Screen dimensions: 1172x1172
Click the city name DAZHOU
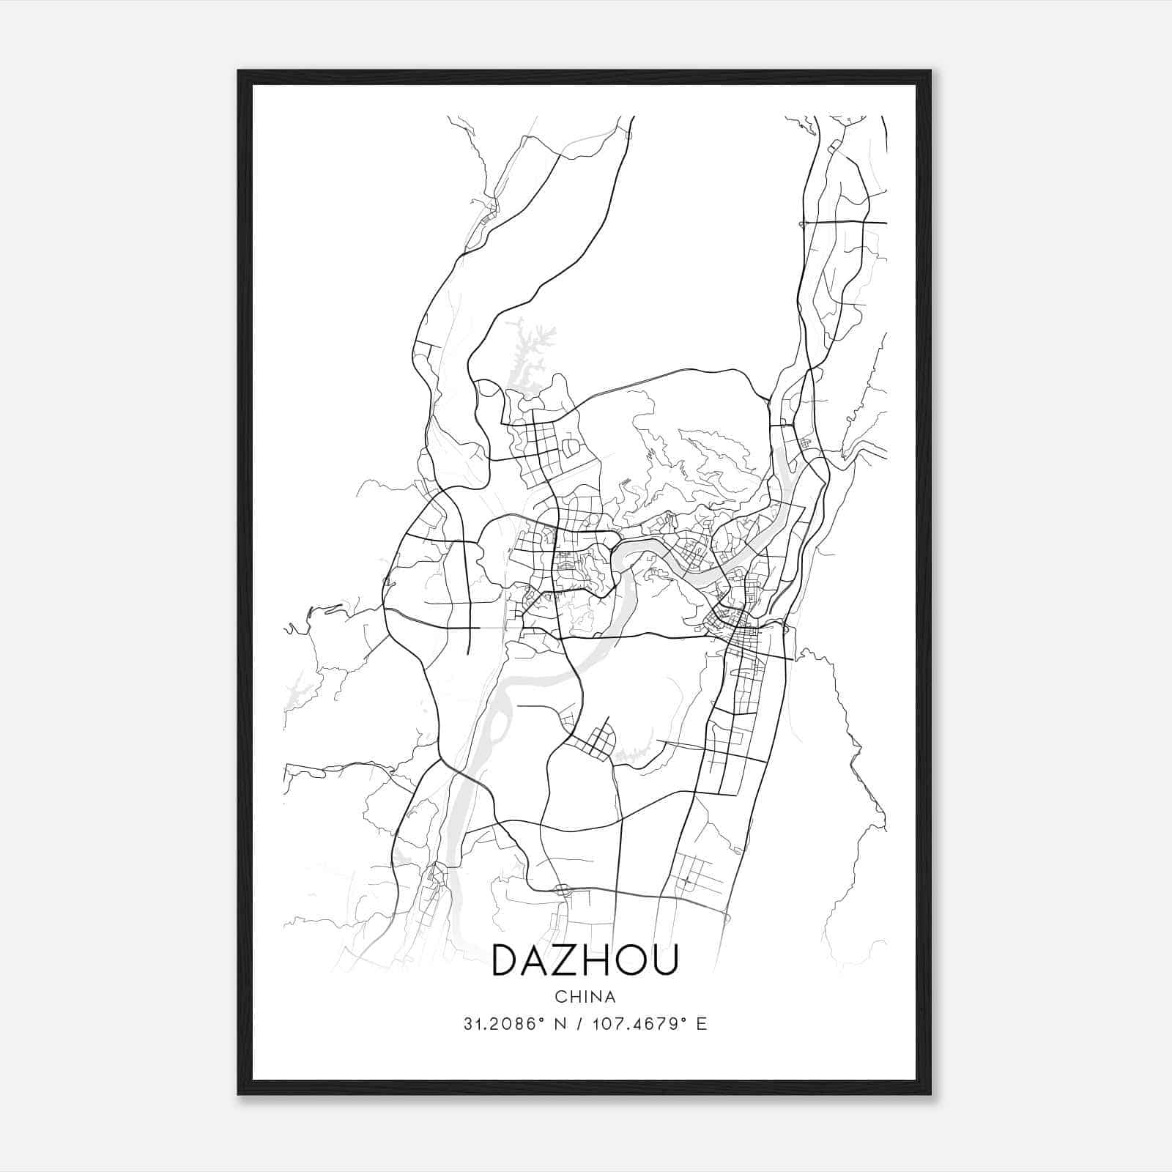tap(585, 960)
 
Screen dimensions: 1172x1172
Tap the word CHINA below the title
tap(585, 997)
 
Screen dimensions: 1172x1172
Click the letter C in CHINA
tap(560, 997)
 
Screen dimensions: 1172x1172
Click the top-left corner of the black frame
tap(240, 72)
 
